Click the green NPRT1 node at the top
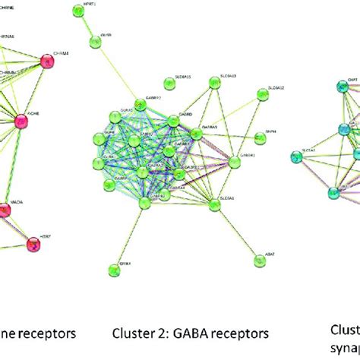77,10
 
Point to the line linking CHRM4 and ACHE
43,86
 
